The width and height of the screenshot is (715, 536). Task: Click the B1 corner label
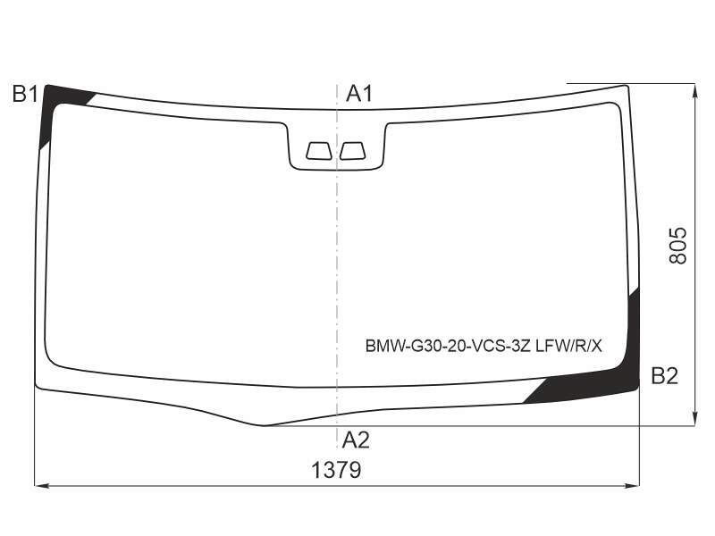25,94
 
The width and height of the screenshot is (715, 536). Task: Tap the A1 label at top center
359,94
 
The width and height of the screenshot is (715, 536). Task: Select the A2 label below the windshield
356,440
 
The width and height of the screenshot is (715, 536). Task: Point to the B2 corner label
665,376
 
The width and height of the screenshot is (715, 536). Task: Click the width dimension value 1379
336,470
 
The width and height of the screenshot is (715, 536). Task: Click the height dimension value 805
678,246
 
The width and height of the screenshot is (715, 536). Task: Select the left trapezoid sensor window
319,151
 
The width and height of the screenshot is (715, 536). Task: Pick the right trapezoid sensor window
352,151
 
